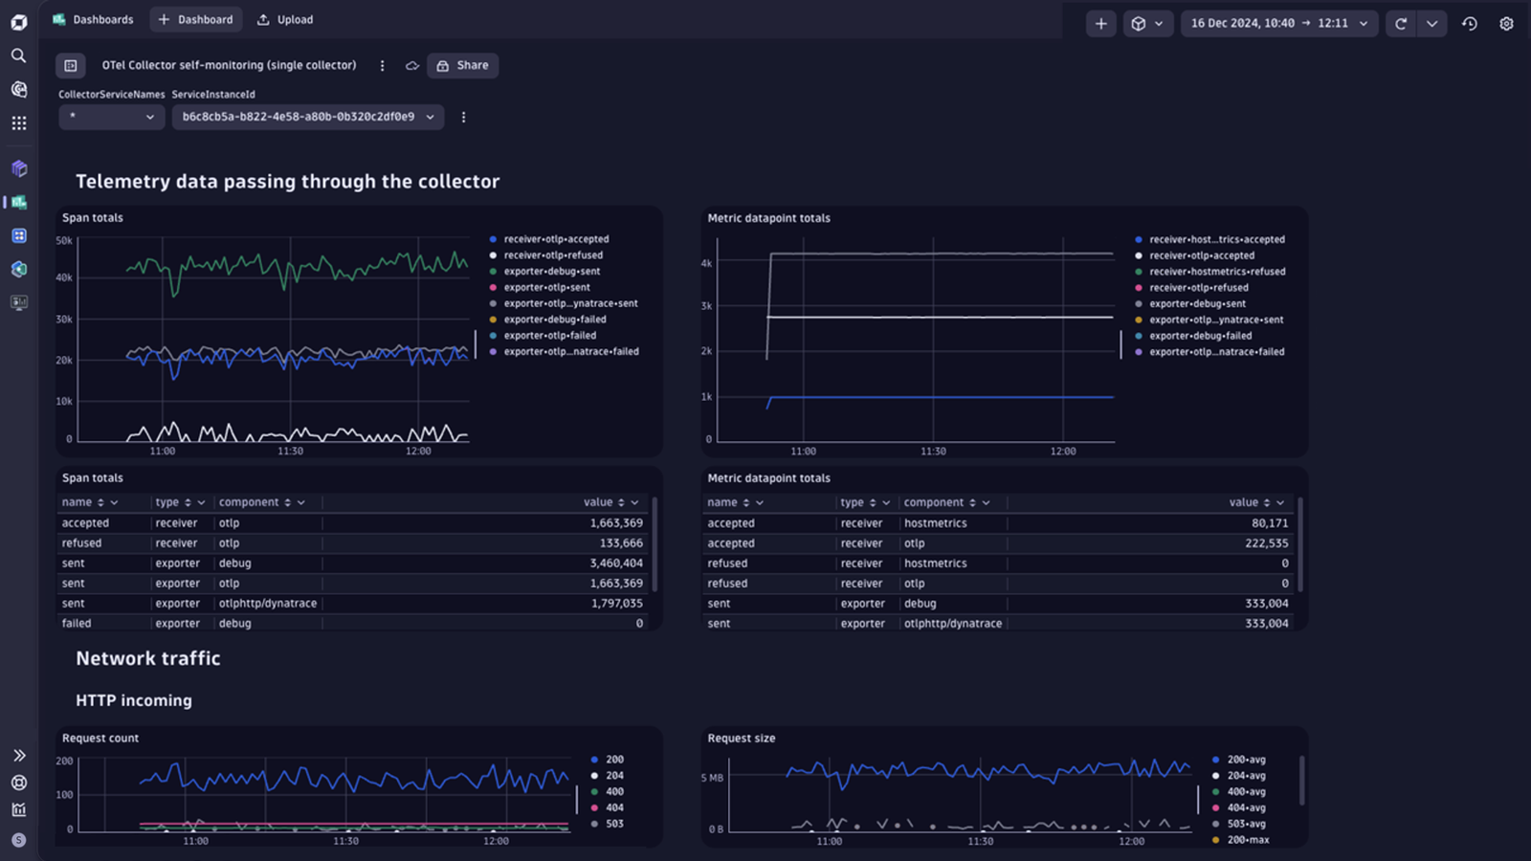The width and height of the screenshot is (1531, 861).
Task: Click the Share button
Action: point(463,66)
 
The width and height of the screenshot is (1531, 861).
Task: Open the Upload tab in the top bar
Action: point(285,20)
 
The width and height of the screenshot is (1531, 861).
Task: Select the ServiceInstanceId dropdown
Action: point(308,117)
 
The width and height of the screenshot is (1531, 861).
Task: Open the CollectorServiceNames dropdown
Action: point(111,117)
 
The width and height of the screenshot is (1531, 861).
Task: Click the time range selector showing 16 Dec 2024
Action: point(1279,23)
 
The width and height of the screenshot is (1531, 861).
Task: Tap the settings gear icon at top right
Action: point(1506,23)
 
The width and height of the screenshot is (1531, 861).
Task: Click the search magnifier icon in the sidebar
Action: point(19,55)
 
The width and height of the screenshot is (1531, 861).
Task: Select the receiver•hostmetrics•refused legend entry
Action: point(1210,272)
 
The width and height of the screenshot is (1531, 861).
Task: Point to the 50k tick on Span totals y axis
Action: point(64,240)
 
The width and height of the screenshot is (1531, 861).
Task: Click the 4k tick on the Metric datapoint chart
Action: point(707,263)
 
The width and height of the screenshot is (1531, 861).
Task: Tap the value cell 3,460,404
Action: point(616,563)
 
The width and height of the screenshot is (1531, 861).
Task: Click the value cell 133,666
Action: point(621,543)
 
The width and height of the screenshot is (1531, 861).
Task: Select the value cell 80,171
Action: point(1269,523)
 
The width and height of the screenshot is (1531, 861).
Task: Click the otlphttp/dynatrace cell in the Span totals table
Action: point(268,604)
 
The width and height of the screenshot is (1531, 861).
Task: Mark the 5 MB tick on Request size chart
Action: point(712,778)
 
